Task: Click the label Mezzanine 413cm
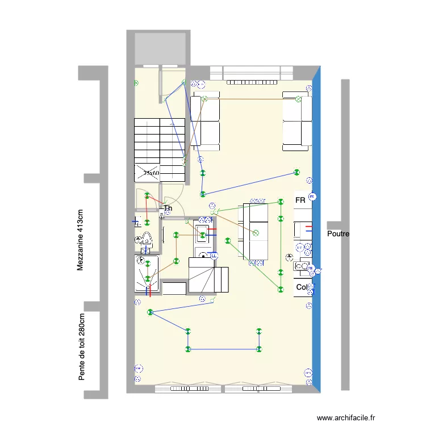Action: tap(81, 239)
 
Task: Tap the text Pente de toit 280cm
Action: tap(82, 347)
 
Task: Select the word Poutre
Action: tap(339, 234)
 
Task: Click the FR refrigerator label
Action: tap(300, 201)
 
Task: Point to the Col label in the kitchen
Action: tap(301, 287)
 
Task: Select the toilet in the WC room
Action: tap(147, 240)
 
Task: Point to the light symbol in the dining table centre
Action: tap(256, 232)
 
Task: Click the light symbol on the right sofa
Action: tap(298, 99)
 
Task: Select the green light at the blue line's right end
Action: tap(296, 172)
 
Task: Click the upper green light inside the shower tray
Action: tap(148, 262)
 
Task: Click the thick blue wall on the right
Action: tap(316, 227)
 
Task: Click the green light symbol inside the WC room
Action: tap(147, 223)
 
